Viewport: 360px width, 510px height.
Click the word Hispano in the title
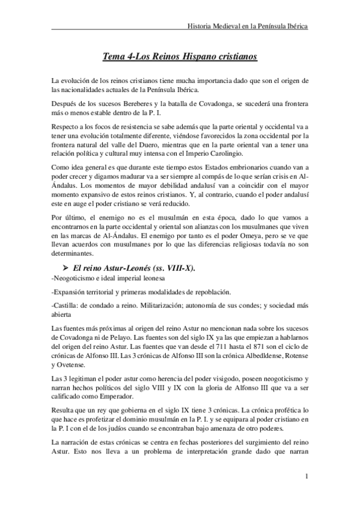tap(191, 57)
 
